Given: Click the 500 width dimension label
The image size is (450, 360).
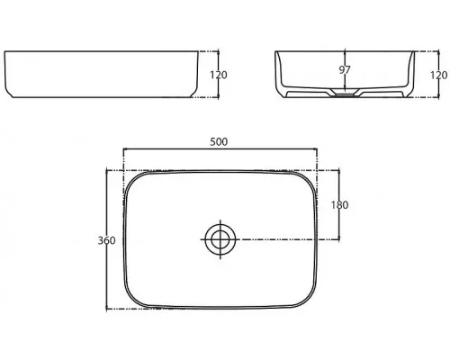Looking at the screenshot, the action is (x=219, y=141).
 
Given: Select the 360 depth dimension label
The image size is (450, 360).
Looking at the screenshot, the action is (x=106, y=240).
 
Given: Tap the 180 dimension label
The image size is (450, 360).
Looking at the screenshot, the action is (x=340, y=205).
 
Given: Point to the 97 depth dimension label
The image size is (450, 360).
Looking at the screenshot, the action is (x=345, y=70).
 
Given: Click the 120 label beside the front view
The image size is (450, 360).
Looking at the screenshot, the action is (x=219, y=75).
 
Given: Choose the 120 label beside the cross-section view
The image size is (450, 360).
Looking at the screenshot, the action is (x=439, y=75).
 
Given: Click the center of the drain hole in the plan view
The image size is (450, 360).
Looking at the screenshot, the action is (x=220, y=239).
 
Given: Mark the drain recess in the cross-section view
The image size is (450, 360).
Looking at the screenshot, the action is (x=345, y=93).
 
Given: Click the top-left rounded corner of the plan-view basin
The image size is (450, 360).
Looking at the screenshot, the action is (x=131, y=180).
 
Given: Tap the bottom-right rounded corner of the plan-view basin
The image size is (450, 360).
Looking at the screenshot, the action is (x=309, y=300).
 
